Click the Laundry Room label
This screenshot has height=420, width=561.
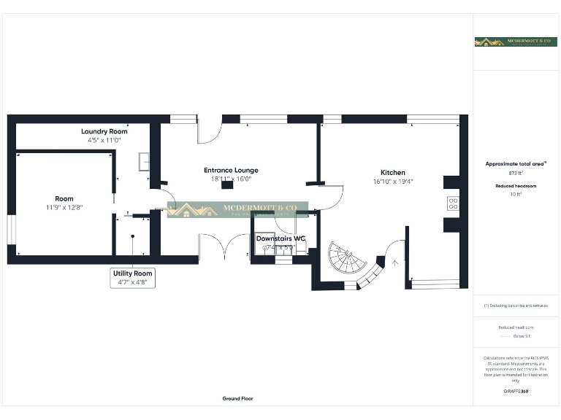point(104,131)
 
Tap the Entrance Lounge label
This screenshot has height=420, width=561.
point(231,170)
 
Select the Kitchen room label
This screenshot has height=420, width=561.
point(392,173)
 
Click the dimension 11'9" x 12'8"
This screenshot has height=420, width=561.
point(64,207)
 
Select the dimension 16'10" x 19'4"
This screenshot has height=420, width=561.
point(392,182)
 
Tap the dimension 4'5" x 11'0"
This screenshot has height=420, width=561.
point(104,139)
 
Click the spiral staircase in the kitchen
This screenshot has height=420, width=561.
point(343,260)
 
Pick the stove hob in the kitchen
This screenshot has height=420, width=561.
point(452,203)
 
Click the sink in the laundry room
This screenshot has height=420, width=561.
point(144,161)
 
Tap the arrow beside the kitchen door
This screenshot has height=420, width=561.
point(396,263)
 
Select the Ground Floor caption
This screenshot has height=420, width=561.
point(238,399)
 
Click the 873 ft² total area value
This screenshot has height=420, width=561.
point(516,174)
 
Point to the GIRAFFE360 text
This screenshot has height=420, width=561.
point(516,392)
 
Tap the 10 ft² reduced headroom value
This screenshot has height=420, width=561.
point(516,195)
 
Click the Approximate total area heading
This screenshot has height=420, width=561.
point(516,165)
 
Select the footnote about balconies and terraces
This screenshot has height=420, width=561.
point(516,305)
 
